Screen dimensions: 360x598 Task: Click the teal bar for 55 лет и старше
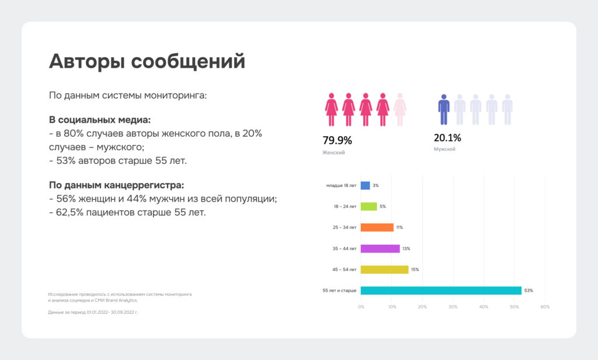(x=441, y=290)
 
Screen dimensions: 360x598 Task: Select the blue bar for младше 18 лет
(x=366, y=185)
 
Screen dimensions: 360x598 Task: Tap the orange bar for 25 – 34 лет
(x=377, y=227)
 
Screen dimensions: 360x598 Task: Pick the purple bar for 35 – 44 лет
(x=380, y=248)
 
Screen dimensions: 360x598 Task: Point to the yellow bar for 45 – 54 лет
(x=384, y=269)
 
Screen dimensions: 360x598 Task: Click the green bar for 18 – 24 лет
(x=369, y=206)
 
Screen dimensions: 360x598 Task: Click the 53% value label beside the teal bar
(x=529, y=290)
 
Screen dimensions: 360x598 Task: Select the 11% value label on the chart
(x=399, y=227)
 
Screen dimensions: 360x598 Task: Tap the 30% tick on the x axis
(x=453, y=307)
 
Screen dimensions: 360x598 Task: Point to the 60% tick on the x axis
(x=545, y=307)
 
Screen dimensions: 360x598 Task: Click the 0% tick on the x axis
(x=361, y=307)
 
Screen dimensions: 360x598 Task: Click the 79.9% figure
(x=338, y=140)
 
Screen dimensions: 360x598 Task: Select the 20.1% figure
(x=447, y=138)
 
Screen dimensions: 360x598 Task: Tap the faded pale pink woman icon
(x=400, y=109)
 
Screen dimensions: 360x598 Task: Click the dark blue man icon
(x=444, y=109)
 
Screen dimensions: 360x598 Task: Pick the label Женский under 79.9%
(x=333, y=153)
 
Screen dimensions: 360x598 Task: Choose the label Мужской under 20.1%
(x=444, y=150)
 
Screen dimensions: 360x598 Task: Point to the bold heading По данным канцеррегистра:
(x=116, y=185)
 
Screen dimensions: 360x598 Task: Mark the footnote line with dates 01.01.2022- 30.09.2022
(x=93, y=312)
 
